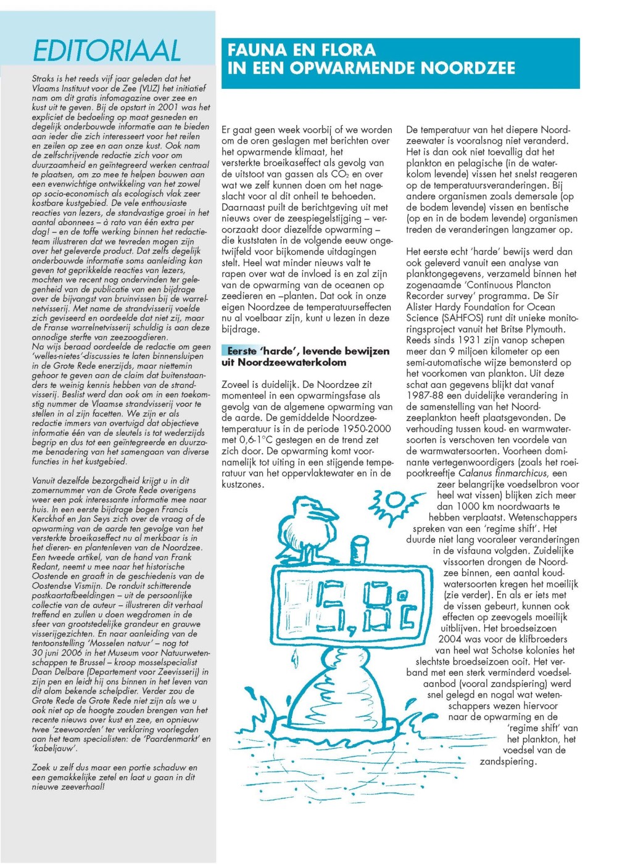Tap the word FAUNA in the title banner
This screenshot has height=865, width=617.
tap(258, 49)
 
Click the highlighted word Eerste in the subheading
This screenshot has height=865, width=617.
tap(242, 351)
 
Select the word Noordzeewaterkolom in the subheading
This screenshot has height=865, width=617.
tap(292, 363)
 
